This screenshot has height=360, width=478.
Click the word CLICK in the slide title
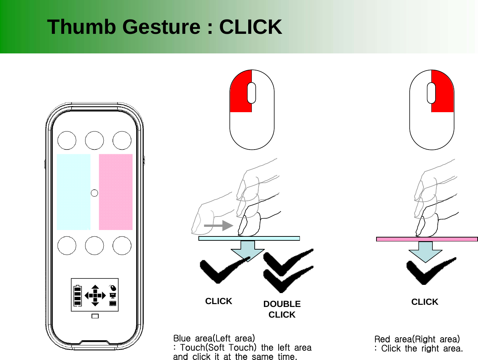(x=250, y=27)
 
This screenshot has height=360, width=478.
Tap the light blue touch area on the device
(x=73, y=192)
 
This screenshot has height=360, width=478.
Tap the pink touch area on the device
(x=115, y=192)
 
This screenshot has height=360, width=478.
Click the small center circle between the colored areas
(x=94, y=193)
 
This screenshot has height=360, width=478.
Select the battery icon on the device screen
(x=78, y=295)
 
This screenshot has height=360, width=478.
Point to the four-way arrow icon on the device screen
(x=95, y=295)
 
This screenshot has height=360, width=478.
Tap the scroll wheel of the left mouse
(x=251, y=93)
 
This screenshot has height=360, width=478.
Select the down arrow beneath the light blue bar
(x=248, y=250)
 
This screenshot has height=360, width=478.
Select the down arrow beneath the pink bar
(x=425, y=251)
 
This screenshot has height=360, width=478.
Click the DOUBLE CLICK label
(x=282, y=309)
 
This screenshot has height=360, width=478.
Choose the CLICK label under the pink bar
(x=425, y=302)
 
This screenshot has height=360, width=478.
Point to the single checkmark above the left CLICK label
(x=221, y=271)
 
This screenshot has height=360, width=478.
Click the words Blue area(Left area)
(x=214, y=338)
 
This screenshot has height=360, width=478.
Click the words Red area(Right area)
(x=417, y=339)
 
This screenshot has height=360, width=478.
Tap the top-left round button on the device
(x=67, y=140)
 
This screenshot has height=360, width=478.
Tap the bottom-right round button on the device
(x=122, y=246)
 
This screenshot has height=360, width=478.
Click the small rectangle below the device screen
(x=95, y=316)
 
